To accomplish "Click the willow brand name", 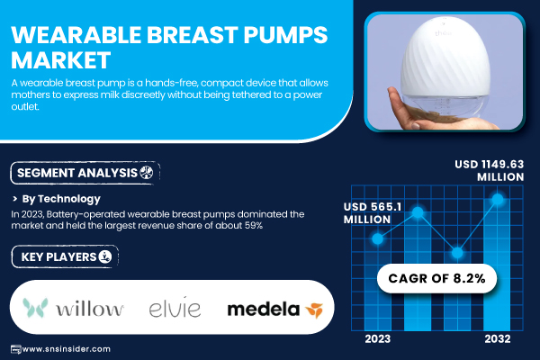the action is coord(89,309).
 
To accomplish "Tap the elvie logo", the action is coord(175,308).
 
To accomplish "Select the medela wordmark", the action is coord(264,310).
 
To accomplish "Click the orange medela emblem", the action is coord(314,310).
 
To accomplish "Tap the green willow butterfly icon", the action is coord(35,308).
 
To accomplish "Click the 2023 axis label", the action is coord(378,339).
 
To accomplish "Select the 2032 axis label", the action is coord(498,339).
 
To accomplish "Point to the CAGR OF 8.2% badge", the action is coord(436,278).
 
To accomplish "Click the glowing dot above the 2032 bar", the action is coord(498,199).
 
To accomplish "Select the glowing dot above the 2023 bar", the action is coord(378,238).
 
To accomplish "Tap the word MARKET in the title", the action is coord(61,60).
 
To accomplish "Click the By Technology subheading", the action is coord(61,199).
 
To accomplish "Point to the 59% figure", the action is coord(254,226).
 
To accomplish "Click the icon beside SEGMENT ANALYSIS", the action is coord(147,172).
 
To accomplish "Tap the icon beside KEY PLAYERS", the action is coord(105,256).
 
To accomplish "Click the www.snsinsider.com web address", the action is coord(66,349).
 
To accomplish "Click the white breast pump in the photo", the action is coord(445,72).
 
